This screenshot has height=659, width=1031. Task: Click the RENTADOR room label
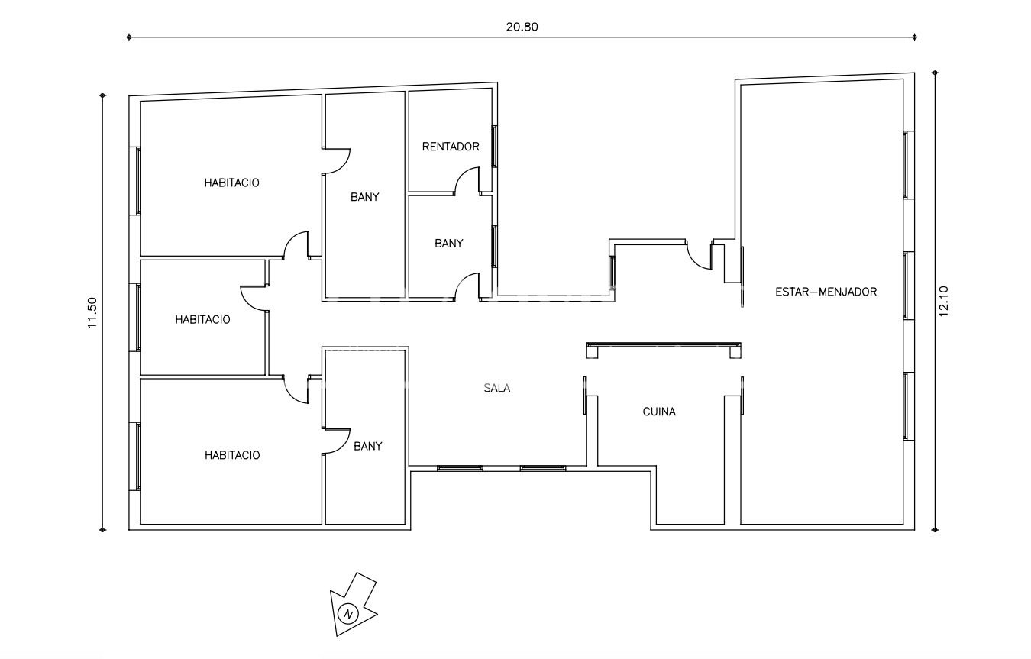(x=451, y=147)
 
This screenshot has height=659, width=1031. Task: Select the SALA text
(x=496, y=388)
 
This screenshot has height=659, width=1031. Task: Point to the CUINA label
(x=658, y=412)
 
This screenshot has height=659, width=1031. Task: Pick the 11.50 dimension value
(x=92, y=312)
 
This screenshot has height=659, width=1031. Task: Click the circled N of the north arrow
(x=348, y=613)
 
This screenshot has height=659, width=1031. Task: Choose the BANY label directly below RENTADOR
(x=448, y=244)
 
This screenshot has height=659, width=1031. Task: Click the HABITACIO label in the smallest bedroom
(x=202, y=320)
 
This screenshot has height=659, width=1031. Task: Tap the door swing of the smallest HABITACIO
(x=253, y=298)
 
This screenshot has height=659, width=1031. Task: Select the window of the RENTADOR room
(x=494, y=146)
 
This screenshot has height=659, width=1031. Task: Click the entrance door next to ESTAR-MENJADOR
(x=699, y=257)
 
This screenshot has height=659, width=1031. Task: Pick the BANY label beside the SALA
(x=367, y=447)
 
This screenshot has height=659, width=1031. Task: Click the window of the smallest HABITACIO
(x=138, y=318)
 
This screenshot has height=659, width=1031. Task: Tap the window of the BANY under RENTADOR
(x=494, y=246)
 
